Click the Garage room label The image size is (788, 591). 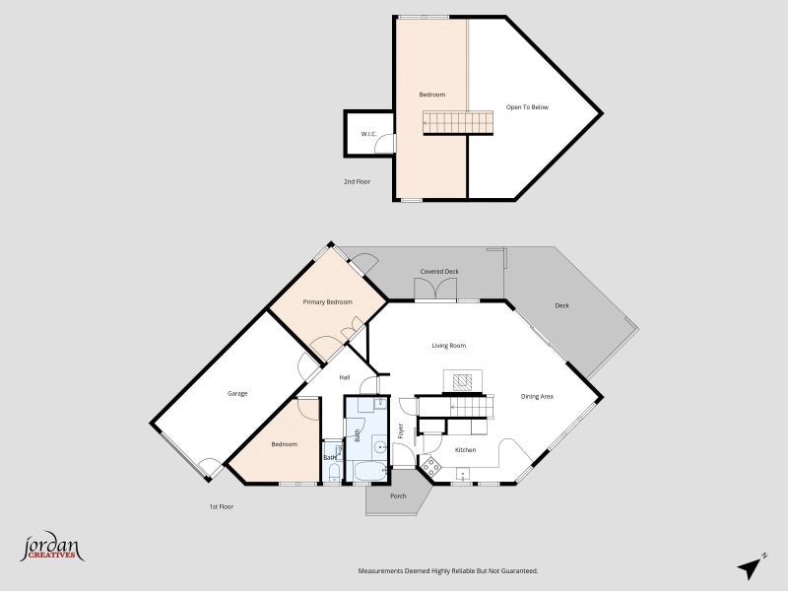(x=237, y=393)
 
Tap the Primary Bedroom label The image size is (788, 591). (x=328, y=302)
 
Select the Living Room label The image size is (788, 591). (x=449, y=346)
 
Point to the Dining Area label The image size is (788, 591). (x=537, y=397)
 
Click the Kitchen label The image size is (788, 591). (x=465, y=450)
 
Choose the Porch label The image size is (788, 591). (x=398, y=496)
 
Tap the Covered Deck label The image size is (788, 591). (x=439, y=272)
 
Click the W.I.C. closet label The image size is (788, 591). (x=368, y=134)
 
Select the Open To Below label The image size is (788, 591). (x=527, y=107)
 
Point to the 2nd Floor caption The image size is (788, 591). (x=357, y=181)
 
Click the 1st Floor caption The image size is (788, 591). (x=222, y=506)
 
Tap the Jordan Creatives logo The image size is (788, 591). (x=52, y=548)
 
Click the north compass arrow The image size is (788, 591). (x=751, y=568)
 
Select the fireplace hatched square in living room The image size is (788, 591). (x=462, y=382)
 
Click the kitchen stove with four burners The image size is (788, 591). (x=431, y=467)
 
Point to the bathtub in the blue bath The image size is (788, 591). (x=371, y=472)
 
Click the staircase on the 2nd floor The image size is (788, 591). (x=458, y=123)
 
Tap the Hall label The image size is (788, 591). (x=344, y=377)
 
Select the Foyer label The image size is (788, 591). (x=401, y=431)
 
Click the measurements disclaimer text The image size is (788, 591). (x=448, y=571)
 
